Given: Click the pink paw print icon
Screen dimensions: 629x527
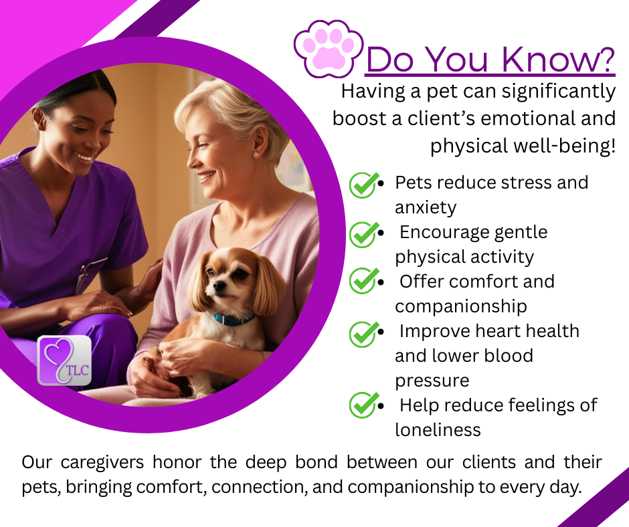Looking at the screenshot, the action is coord(329,49).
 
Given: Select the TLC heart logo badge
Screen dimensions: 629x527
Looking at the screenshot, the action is coord(64,360).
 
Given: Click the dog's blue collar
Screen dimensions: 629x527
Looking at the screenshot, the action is coord(234,320).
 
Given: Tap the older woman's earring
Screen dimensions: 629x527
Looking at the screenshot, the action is coord(256,154).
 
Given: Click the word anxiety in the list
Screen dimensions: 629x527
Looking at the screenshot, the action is coord(426,208).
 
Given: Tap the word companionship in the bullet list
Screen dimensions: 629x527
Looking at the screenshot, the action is coord(461,307).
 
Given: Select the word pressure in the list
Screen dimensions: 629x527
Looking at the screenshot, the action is coord(432,381).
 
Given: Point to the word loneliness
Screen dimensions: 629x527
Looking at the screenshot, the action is coord(438,430).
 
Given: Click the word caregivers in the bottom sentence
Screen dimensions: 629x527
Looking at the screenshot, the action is coord(102,462).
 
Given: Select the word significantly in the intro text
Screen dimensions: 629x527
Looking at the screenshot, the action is coord(558,92).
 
